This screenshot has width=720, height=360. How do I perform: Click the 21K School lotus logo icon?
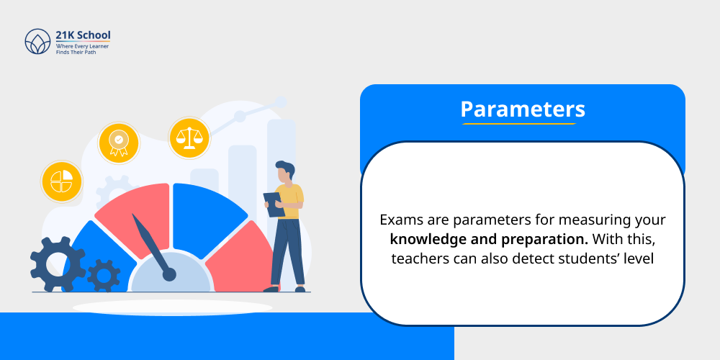(37, 42)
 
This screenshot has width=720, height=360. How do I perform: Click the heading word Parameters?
(522, 109)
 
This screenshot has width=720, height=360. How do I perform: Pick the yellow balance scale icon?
(189, 138)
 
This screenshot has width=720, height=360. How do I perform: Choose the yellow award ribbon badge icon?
(118, 143)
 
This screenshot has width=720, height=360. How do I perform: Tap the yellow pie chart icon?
(61, 181)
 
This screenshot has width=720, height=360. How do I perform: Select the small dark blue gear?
(104, 274)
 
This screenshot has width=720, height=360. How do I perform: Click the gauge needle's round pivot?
(169, 274)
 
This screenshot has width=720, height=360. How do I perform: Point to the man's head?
(284, 171)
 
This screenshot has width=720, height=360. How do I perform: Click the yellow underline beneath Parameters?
(518, 125)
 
